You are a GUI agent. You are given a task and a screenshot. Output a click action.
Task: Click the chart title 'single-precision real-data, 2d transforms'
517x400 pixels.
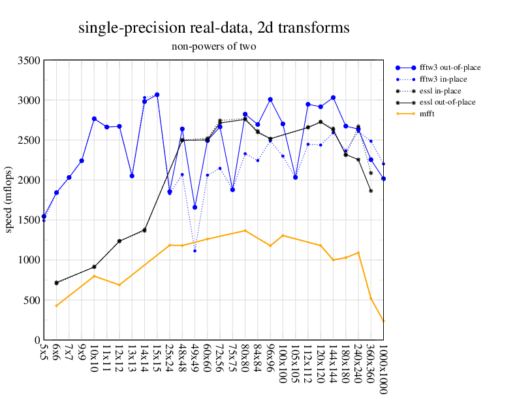click(x=213, y=28)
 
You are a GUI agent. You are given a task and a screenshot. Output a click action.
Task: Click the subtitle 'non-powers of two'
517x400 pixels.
click(x=213, y=46)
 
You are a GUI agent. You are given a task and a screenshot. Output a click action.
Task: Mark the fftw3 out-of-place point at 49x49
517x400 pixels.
click(x=195, y=207)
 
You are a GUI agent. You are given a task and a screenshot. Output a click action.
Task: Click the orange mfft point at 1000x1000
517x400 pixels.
click(x=383, y=321)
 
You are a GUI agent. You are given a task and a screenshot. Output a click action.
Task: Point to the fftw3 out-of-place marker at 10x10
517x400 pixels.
click(x=94, y=119)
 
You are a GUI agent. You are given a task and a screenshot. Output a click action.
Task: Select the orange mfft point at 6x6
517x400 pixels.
click(x=57, y=305)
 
